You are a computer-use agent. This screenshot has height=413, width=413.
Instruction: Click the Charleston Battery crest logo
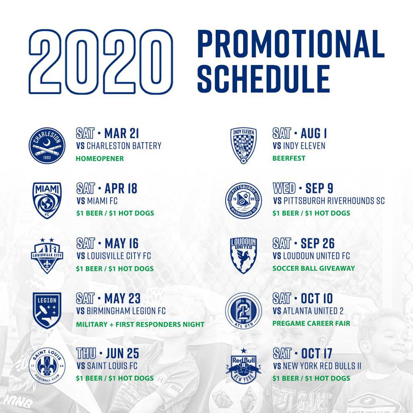pyautogui.click(x=47, y=146)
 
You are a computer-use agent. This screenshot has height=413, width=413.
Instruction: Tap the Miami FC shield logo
pyautogui.click(x=47, y=200)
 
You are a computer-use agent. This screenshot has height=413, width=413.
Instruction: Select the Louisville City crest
pyautogui.click(x=47, y=255)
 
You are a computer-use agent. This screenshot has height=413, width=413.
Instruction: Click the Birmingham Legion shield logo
pyautogui.click(x=47, y=311)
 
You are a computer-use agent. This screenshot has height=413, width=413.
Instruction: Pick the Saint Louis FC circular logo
pyautogui.click(x=47, y=365)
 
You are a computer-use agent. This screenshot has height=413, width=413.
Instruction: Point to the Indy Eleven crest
pyautogui.click(x=243, y=146)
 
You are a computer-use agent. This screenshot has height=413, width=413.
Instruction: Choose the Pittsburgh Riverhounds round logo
pyautogui.click(x=243, y=200)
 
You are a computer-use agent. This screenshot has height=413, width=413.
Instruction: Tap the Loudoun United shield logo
pyautogui.click(x=243, y=255)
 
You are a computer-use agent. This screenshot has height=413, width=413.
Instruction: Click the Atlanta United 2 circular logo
pyautogui.click(x=243, y=311)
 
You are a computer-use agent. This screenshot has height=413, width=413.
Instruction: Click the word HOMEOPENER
pyautogui.click(x=100, y=159)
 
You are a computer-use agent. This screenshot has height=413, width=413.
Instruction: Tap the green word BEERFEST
pyautogui.click(x=289, y=158)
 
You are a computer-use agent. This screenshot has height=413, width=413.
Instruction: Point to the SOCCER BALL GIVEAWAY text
pyautogui.click(x=313, y=268)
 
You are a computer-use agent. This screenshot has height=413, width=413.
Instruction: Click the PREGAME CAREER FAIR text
pyautogui.click(x=311, y=323)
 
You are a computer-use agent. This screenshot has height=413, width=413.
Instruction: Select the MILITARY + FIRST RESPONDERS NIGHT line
pyautogui.click(x=140, y=324)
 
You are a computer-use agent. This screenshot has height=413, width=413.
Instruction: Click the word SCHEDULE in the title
pyautogui.click(x=264, y=79)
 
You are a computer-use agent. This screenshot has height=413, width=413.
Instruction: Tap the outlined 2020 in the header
pyautogui.click(x=100, y=62)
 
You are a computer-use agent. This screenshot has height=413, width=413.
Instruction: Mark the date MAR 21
pyautogui.click(x=121, y=133)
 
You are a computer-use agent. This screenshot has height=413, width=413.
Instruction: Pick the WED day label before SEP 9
pyautogui.click(x=284, y=188)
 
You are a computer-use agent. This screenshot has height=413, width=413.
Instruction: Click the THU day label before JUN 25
pyautogui.click(x=86, y=353)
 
